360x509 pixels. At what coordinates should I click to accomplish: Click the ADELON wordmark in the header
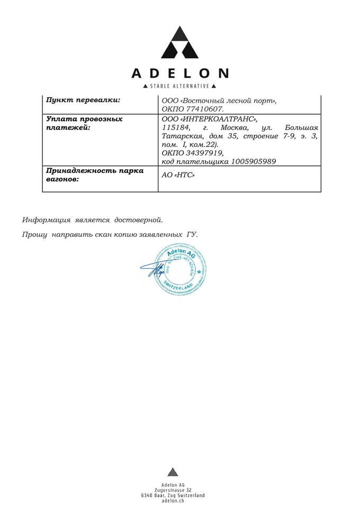point(180,73)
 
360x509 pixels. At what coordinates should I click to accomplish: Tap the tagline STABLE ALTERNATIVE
point(180,86)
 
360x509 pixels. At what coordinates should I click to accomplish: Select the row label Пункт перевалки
point(83,100)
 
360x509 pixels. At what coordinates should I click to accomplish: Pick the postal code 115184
point(175,128)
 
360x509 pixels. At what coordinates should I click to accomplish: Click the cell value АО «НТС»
point(177,176)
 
